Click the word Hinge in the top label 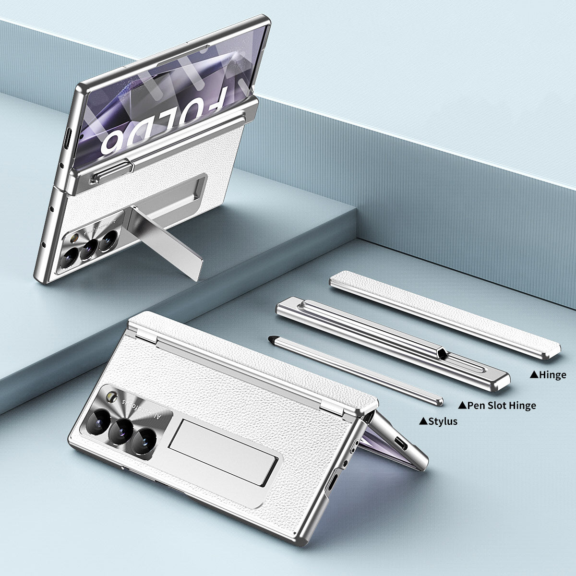[x=553, y=375]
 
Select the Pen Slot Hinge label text [x=502, y=406]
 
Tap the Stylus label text [x=443, y=421]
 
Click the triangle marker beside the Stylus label [x=423, y=421]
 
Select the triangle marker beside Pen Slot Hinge [x=463, y=406]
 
